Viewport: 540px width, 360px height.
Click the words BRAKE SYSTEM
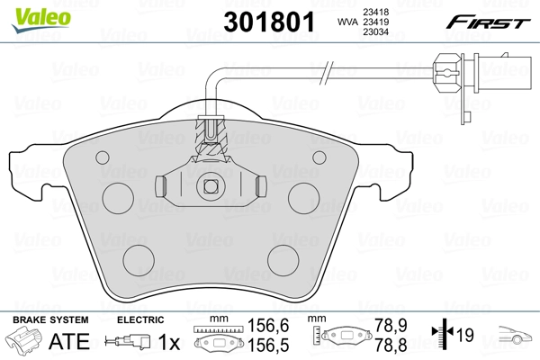point(49,319)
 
